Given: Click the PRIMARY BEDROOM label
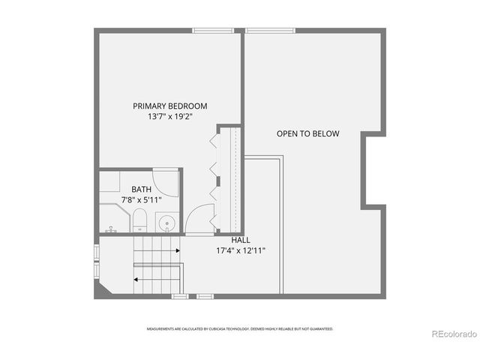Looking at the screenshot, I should coord(170,106).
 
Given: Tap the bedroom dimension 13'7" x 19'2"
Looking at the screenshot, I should coord(170,117).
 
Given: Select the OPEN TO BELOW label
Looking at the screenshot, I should coord(307,134).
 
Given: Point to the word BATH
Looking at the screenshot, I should coord(141,190).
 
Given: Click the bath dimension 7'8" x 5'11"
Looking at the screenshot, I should coord(141,200).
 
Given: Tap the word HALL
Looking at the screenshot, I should coord(240,240).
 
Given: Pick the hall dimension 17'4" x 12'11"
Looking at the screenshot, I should coord(240,250).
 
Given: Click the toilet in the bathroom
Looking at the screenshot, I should coord(139,220).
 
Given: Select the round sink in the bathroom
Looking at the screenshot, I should coord(166,223).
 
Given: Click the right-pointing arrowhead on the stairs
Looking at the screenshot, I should coord(177,251).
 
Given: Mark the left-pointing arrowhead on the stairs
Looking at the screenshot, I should coord(136,279).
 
